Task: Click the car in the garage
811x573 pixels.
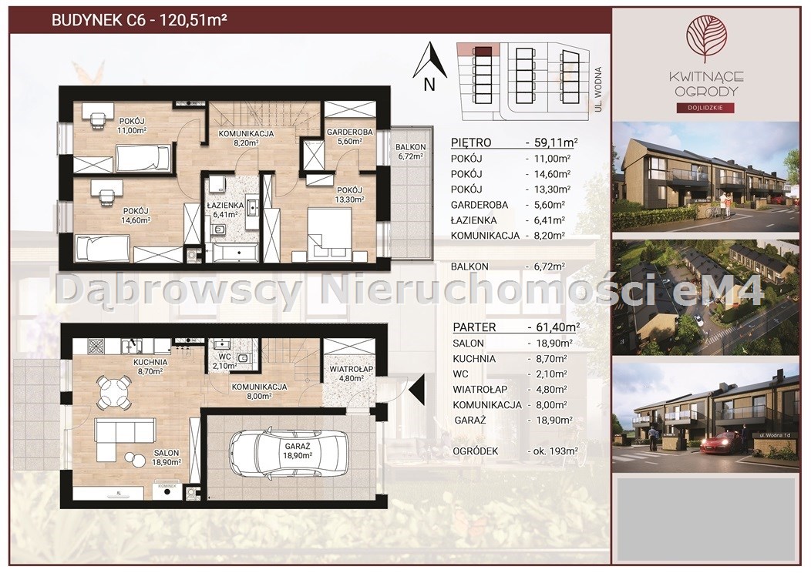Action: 287,453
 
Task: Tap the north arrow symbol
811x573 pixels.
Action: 430,60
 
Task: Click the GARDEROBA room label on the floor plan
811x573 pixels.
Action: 349,132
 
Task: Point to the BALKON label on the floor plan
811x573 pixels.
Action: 411,147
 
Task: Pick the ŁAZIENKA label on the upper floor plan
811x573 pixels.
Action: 226,206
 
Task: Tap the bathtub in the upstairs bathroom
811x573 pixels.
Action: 234,253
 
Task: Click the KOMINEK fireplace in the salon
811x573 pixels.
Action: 167,491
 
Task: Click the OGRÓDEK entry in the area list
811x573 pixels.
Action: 476,451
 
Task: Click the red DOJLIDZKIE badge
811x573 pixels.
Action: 705,108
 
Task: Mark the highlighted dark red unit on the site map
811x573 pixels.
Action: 483,51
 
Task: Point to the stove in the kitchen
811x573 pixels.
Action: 96,345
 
